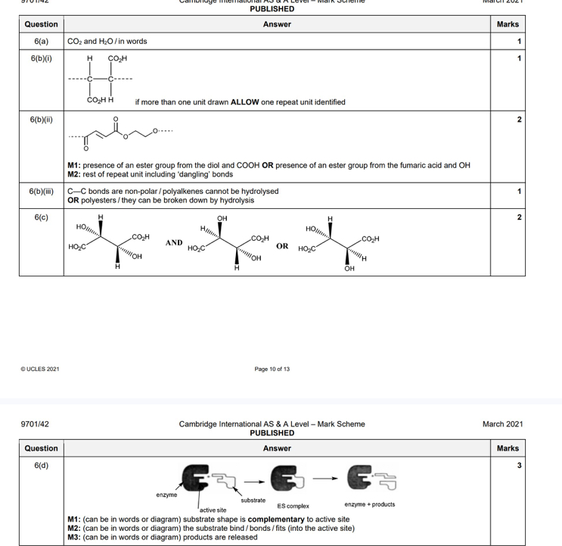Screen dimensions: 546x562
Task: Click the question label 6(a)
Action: click(x=42, y=41)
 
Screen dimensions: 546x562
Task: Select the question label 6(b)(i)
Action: click(x=42, y=58)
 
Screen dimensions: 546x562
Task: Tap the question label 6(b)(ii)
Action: click(x=42, y=119)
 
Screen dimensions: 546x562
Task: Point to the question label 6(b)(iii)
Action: click(x=42, y=192)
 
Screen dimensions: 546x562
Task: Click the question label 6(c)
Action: click(x=42, y=217)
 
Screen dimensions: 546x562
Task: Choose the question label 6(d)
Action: click(x=42, y=465)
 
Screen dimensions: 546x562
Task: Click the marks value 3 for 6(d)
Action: click(x=519, y=465)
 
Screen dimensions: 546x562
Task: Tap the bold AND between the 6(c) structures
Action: click(x=175, y=243)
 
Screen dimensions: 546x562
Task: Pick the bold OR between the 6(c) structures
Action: click(x=282, y=246)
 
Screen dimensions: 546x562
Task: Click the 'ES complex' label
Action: click(x=293, y=506)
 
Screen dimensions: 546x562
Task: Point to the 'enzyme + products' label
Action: click(x=369, y=504)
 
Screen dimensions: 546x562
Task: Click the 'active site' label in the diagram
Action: click(x=213, y=510)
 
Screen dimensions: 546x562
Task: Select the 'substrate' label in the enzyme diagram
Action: click(x=253, y=500)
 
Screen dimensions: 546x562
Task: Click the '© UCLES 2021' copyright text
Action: click(x=40, y=369)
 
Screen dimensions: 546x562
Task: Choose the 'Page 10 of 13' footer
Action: click(x=272, y=369)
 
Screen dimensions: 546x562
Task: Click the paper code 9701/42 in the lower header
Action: click(x=35, y=424)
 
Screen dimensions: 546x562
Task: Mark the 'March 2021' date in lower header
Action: click(x=502, y=424)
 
